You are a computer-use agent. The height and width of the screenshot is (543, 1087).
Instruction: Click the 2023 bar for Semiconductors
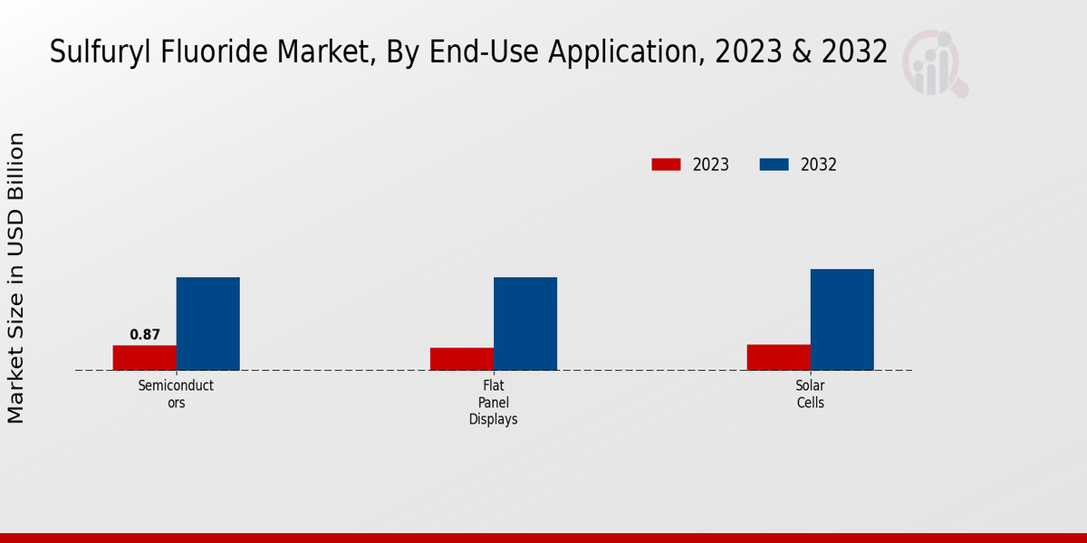(x=144, y=357)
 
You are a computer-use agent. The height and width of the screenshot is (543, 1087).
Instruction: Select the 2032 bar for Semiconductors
(x=207, y=323)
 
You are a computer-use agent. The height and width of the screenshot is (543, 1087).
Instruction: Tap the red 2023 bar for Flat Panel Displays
(x=461, y=358)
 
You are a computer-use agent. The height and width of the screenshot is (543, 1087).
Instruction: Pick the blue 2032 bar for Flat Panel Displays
(x=524, y=323)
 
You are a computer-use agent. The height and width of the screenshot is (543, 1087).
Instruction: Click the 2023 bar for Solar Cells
(x=778, y=357)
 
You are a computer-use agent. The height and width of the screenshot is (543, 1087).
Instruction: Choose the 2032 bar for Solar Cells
(x=842, y=319)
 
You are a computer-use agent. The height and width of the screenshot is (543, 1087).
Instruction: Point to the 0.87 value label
(x=145, y=335)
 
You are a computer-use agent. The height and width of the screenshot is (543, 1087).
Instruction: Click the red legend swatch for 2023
(x=666, y=165)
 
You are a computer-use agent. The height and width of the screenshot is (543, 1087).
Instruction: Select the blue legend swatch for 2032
(x=774, y=165)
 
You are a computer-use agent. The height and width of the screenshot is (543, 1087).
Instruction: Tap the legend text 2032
(x=819, y=165)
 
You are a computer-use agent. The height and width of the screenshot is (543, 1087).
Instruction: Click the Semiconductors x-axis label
(x=176, y=394)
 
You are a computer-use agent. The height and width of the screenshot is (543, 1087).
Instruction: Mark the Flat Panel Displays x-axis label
(x=493, y=402)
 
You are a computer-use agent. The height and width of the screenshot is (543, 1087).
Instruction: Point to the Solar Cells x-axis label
(x=810, y=394)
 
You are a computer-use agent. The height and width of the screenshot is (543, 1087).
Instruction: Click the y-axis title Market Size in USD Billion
(x=16, y=278)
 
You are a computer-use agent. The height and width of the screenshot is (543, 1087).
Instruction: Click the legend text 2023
(x=711, y=165)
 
